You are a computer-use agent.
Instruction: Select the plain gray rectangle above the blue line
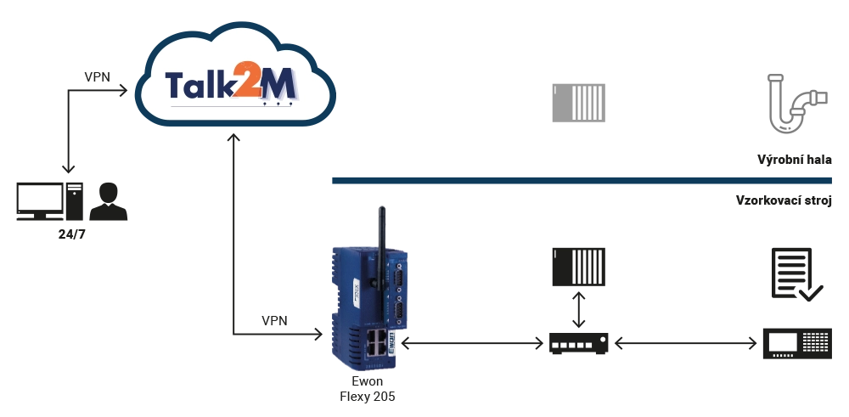tap(580, 102)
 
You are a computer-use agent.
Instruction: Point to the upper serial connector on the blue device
tap(396, 277)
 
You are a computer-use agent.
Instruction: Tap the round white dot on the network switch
tap(604, 343)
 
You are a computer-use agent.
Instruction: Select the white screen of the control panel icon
tap(782, 341)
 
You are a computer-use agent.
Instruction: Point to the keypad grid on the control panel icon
tap(815, 341)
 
